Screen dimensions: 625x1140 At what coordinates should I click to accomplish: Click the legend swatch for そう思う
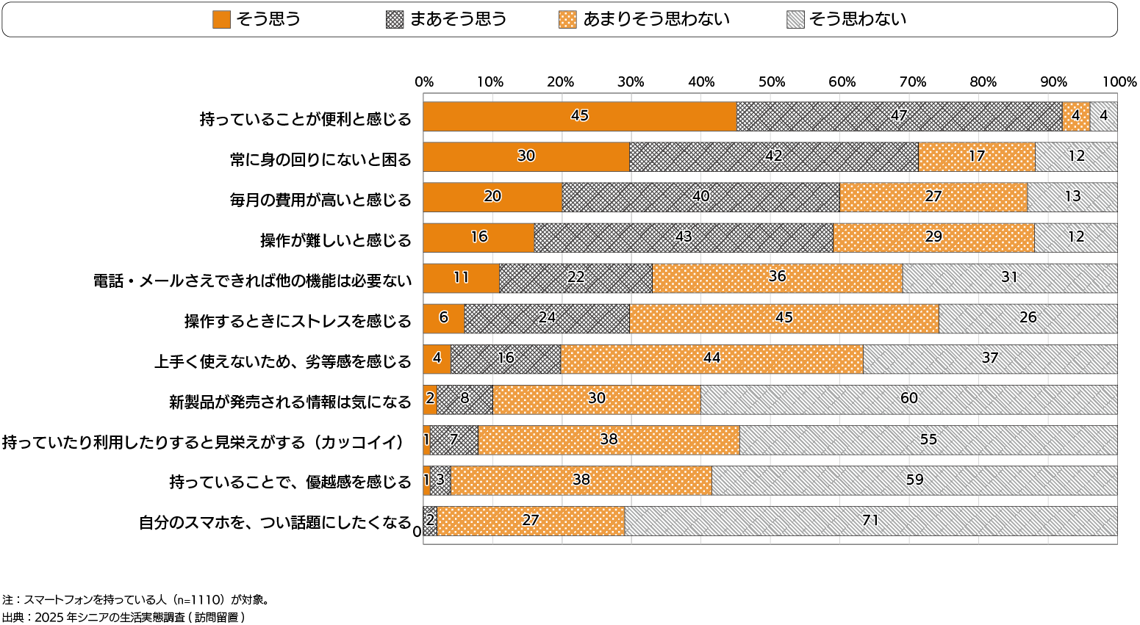click(221, 20)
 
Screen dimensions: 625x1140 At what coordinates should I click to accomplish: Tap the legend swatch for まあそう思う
click(395, 20)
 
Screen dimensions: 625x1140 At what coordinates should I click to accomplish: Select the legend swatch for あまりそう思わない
click(567, 20)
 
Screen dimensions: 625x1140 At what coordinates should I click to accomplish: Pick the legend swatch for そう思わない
click(795, 20)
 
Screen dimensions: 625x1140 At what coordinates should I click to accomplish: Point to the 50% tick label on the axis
click(771, 82)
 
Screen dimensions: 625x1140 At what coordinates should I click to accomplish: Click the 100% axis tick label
click(1119, 82)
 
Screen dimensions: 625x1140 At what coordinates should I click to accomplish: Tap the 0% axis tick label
click(424, 82)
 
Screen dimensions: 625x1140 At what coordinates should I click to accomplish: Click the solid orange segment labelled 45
click(580, 117)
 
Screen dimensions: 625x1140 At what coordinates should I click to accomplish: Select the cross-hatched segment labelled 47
click(899, 117)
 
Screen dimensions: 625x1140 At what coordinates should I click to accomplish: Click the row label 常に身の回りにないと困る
click(320, 159)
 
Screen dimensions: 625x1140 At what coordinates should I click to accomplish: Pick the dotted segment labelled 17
click(976, 157)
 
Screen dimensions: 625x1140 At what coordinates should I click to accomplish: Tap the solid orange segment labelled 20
click(492, 198)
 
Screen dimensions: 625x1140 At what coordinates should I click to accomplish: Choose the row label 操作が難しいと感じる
click(336, 240)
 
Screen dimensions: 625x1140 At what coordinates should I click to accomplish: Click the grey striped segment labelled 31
click(1009, 278)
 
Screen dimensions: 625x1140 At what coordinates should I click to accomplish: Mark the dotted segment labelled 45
click(784, 319)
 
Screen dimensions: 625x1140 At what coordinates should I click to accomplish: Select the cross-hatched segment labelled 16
click(506, 359)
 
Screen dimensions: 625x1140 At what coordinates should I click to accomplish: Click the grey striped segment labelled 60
click(908, 400)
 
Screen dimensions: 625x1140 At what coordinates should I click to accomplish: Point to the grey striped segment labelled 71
click(870, 521)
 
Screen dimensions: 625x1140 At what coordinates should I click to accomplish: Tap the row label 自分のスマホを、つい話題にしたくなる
click(275, 522)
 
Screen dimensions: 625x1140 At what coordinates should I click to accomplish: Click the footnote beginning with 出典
click(123, 617)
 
